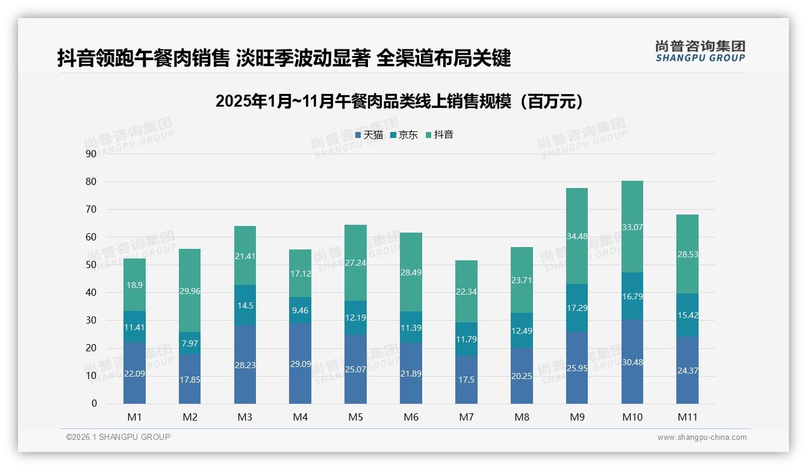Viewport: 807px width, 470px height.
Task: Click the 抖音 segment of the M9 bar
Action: click(577, 236)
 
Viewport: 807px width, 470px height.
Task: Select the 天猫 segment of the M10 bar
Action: click(632, 362)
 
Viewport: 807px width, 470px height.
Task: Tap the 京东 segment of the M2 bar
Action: click(190, 343)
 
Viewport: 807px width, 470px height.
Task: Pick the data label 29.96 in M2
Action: click(190, 291)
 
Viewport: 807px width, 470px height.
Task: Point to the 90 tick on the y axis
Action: click(91, 154)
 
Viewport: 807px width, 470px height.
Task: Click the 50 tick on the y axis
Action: click(91, 265)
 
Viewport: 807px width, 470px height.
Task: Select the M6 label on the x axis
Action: click(411, 417)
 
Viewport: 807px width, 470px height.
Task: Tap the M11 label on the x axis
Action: click(687, 417)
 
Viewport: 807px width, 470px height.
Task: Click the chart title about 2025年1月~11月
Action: click(399, 101)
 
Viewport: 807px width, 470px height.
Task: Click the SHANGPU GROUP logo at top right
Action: click(700, 51)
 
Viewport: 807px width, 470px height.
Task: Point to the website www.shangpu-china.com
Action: click(702, 437)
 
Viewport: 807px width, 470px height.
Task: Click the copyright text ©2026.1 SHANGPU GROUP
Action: click(118, 437)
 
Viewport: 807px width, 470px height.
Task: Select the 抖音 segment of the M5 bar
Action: click(355, 262)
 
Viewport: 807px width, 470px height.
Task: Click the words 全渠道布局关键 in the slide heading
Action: click(443, 58)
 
